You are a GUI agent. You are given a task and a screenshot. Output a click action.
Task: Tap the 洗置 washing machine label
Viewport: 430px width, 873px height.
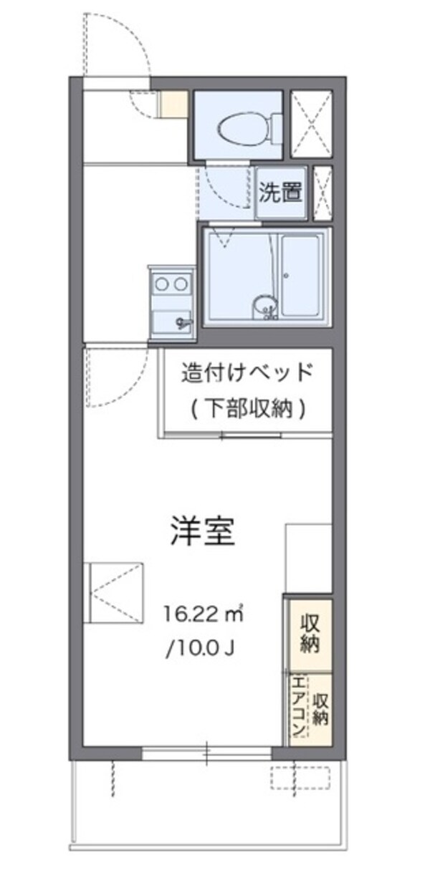[281, 192]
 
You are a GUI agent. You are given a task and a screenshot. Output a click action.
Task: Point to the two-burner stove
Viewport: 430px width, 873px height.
[171, 284]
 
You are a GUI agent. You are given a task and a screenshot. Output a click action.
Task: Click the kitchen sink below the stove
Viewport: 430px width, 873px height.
[172, 320]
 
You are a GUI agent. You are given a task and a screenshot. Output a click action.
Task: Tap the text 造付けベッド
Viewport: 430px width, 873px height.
[247, 373]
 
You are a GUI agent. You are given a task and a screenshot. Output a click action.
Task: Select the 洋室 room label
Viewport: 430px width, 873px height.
[203, 533]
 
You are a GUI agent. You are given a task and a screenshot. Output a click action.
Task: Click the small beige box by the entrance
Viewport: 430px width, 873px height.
[173, 105]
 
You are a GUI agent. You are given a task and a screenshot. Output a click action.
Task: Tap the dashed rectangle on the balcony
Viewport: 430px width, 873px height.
[301, 777]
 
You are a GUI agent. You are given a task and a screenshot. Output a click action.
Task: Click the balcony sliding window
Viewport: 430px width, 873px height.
[206, 753]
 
